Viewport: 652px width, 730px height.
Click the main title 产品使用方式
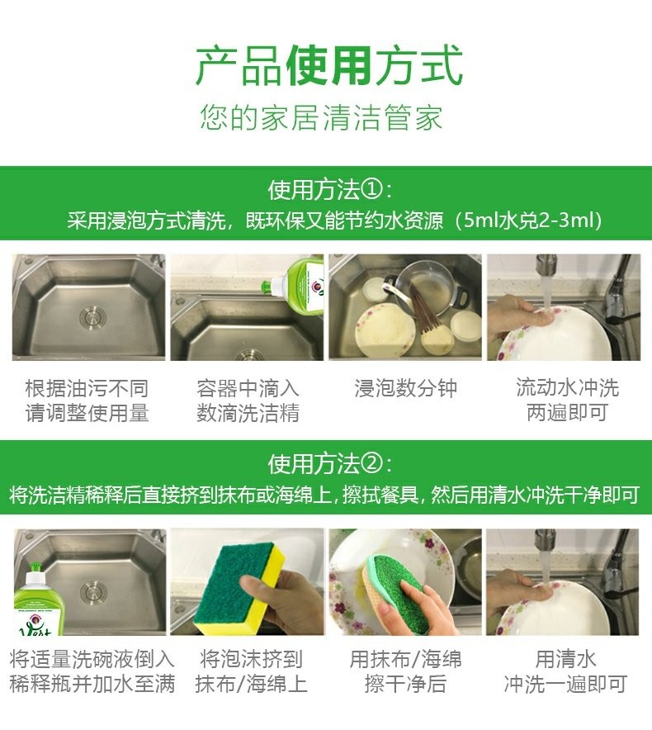coord(329,65)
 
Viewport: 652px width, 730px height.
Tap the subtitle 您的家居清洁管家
coord(321,117)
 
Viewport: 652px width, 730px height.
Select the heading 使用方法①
coord(329,189)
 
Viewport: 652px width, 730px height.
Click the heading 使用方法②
coord(329,464)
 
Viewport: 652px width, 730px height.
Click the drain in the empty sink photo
coord(92,317)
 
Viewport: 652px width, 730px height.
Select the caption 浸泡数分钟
coord(405,388)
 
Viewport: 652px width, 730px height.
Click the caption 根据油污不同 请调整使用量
coord(87,401)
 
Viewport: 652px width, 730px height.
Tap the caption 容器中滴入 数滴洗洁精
coord(248,401)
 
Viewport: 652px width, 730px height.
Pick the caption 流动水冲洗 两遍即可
coord(567,400)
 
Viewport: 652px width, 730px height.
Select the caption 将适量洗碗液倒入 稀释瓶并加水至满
coord(92,671)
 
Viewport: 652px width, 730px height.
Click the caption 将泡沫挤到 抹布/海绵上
coord(251,671)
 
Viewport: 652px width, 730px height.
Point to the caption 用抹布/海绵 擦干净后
coord(405,671)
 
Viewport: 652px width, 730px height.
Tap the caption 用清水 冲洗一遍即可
coord(565,671)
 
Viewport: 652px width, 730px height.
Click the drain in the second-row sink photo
coord(93,593)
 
